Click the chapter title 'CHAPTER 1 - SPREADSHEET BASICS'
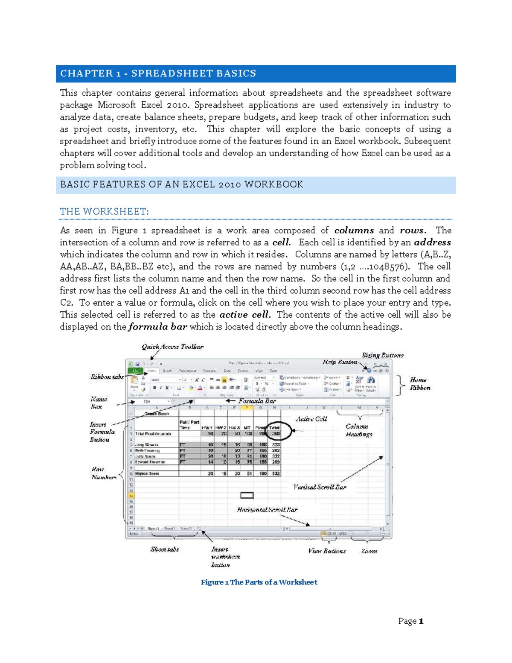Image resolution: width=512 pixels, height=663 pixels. click(158, 73)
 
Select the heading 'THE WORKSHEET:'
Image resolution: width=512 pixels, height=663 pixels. click(104, 211)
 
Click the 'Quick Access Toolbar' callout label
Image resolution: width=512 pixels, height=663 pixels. click(172, 347)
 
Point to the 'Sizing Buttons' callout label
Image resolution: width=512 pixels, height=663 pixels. click(382, 355)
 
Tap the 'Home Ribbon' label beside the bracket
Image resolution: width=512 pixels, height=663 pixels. click(420, 383)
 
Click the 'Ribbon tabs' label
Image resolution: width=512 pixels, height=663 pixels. click(107, 377)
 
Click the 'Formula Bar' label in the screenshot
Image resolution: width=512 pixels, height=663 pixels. click(257, 401)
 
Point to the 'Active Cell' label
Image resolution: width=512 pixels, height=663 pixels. click(311, 419)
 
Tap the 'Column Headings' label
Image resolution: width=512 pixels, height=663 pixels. click(358, 430)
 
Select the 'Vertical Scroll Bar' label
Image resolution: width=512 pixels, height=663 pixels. click(320, 487)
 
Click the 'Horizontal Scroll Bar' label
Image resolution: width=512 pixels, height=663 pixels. click(267, 509)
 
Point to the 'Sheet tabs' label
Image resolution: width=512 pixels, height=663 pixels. click(164, 549)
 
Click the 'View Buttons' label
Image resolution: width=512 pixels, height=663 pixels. click(327, 551)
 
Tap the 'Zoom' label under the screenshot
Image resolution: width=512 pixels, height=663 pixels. click(369, 551)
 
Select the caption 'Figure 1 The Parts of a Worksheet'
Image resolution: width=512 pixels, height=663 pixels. click(259, 582)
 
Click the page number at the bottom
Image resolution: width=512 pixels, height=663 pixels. click(410, 621)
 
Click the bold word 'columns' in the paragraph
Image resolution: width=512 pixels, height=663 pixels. click(354, 230)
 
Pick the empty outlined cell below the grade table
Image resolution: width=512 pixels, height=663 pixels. click(247, 495)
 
